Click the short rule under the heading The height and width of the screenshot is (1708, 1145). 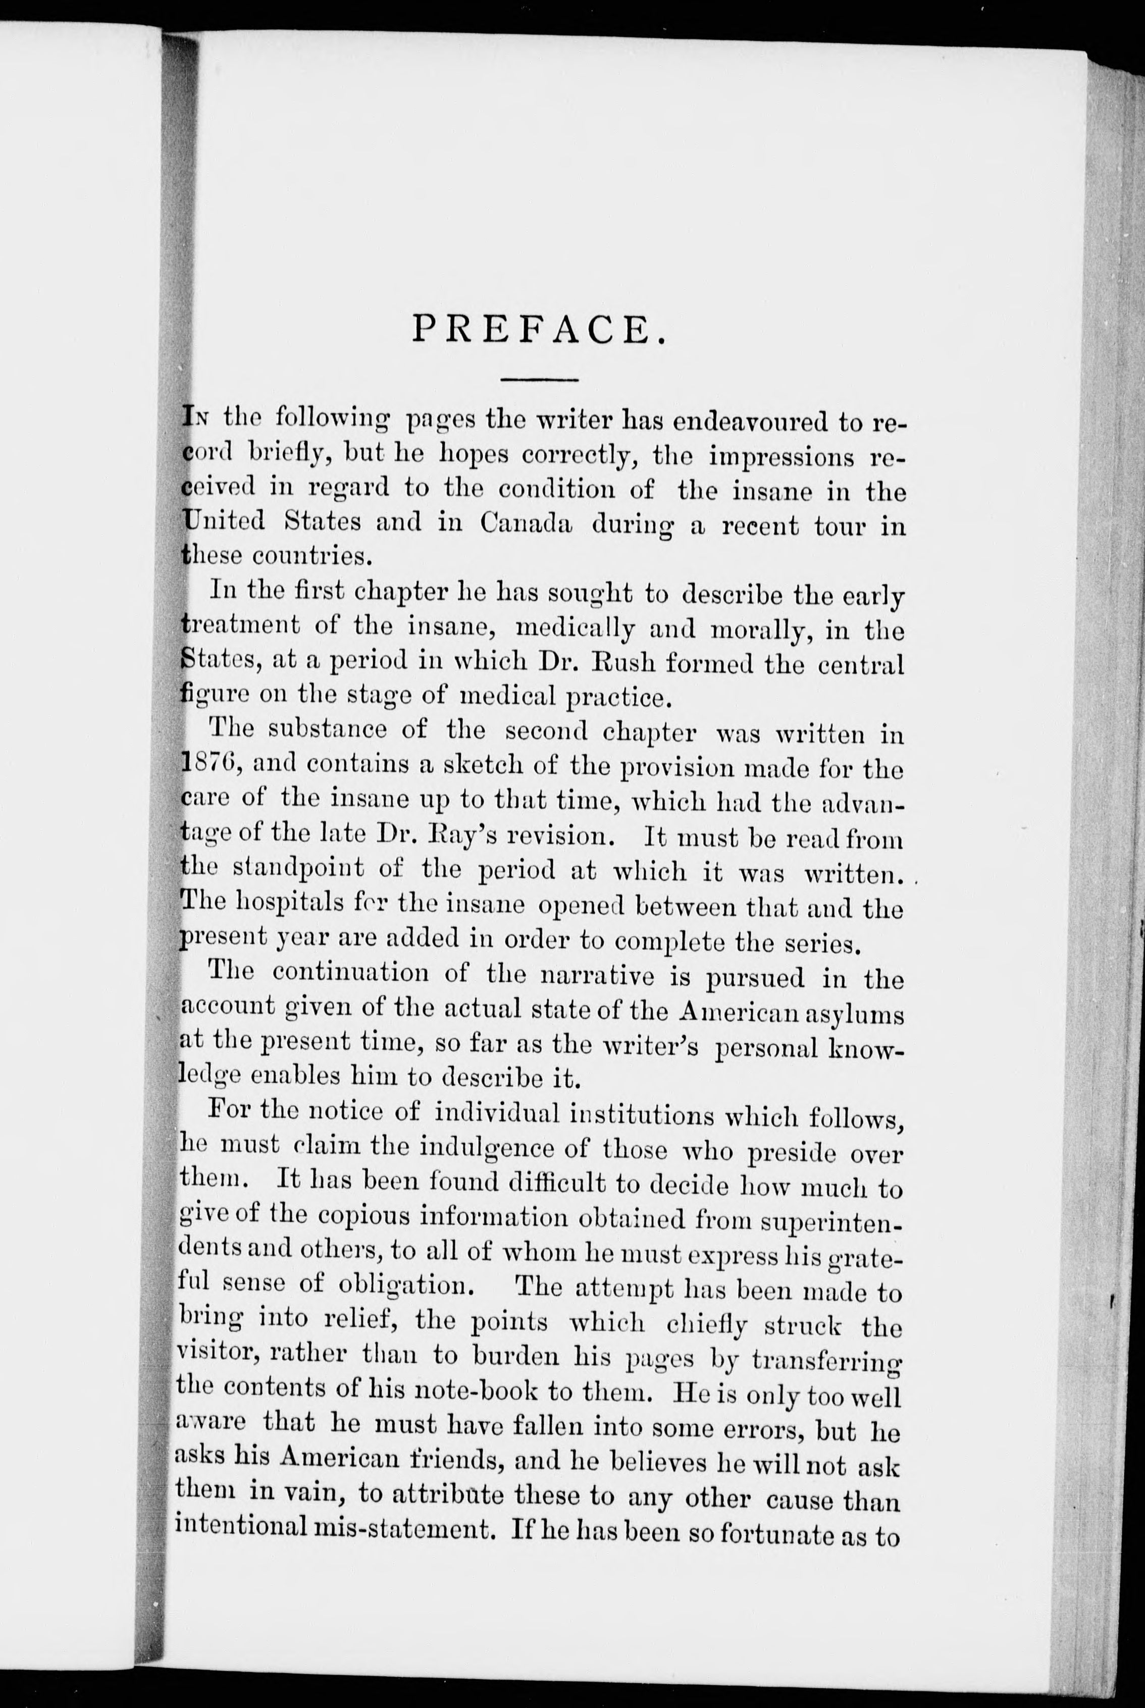click(x=540, y=380)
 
